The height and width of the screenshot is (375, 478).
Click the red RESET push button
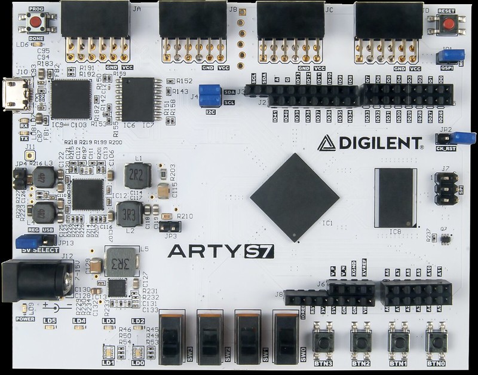447,25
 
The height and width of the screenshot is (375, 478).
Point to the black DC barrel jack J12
36,280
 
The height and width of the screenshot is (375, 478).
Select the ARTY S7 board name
220,251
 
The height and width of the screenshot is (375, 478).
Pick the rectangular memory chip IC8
394,197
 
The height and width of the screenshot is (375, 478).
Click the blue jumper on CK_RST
462,138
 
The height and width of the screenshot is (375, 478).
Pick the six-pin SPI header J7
446,187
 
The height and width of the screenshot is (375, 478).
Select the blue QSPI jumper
451,56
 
